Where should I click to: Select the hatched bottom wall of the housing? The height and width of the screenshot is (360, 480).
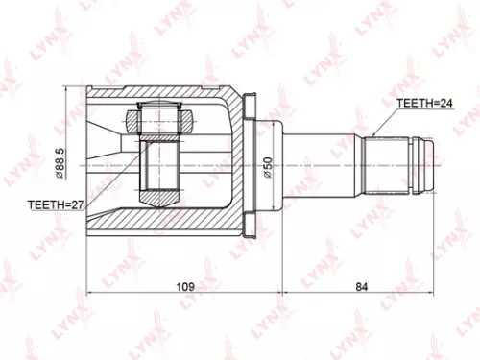click(163, 227)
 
